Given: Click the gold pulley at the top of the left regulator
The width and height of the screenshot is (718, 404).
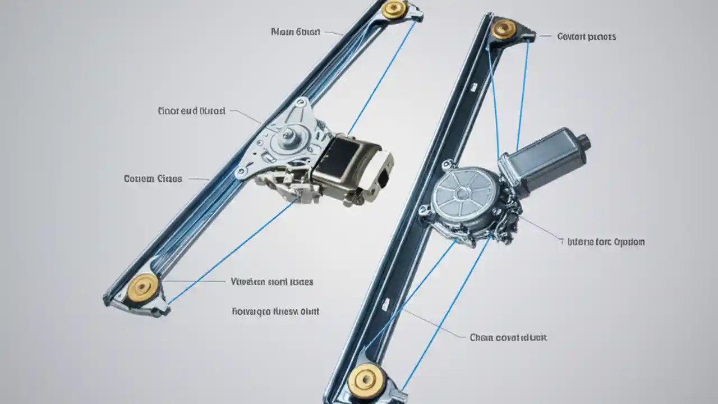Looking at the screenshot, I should [x=394, y=9].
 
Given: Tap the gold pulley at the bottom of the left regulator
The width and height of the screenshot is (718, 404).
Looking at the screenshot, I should [x=142, y=287].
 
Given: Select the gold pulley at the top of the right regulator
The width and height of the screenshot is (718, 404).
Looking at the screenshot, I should [x=503, y=29].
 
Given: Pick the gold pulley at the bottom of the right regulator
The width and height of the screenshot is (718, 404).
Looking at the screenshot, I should [x=366, y=381].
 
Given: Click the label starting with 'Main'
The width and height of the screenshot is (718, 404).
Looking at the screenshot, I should [x=296, y=32].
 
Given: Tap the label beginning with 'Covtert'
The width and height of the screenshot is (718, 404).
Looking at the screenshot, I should [x=586, y=36].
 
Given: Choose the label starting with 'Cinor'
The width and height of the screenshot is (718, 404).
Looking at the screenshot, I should [x=192, y=111].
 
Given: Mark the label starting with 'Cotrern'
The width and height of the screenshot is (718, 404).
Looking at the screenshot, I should [x=153, y=179].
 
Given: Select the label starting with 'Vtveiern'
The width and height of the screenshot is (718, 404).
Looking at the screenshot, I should [x=272, y=282].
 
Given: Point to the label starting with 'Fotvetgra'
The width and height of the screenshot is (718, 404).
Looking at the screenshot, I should [x=275, y=310].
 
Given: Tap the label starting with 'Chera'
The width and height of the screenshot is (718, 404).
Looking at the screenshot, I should [x=508, y=337].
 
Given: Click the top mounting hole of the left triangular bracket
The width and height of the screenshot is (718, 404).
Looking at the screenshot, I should [x=302, y=103].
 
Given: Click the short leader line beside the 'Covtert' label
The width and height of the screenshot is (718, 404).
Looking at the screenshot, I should [x=545, y=36].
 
